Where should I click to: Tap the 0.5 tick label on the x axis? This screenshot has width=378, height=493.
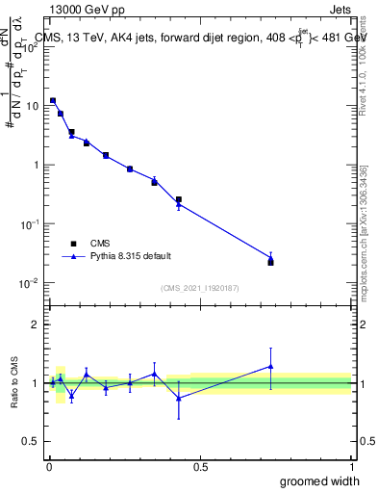coord(199,466)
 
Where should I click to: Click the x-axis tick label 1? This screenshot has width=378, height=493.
coord(351,466)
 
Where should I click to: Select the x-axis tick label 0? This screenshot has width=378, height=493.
coord(48,466)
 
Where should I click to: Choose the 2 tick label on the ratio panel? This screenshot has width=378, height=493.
coord(36,324)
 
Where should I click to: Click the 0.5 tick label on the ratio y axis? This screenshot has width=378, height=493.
coord(31,442)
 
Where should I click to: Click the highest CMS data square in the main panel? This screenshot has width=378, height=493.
coord(53,100)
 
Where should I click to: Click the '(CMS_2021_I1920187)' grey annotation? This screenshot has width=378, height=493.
coord(199,288)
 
